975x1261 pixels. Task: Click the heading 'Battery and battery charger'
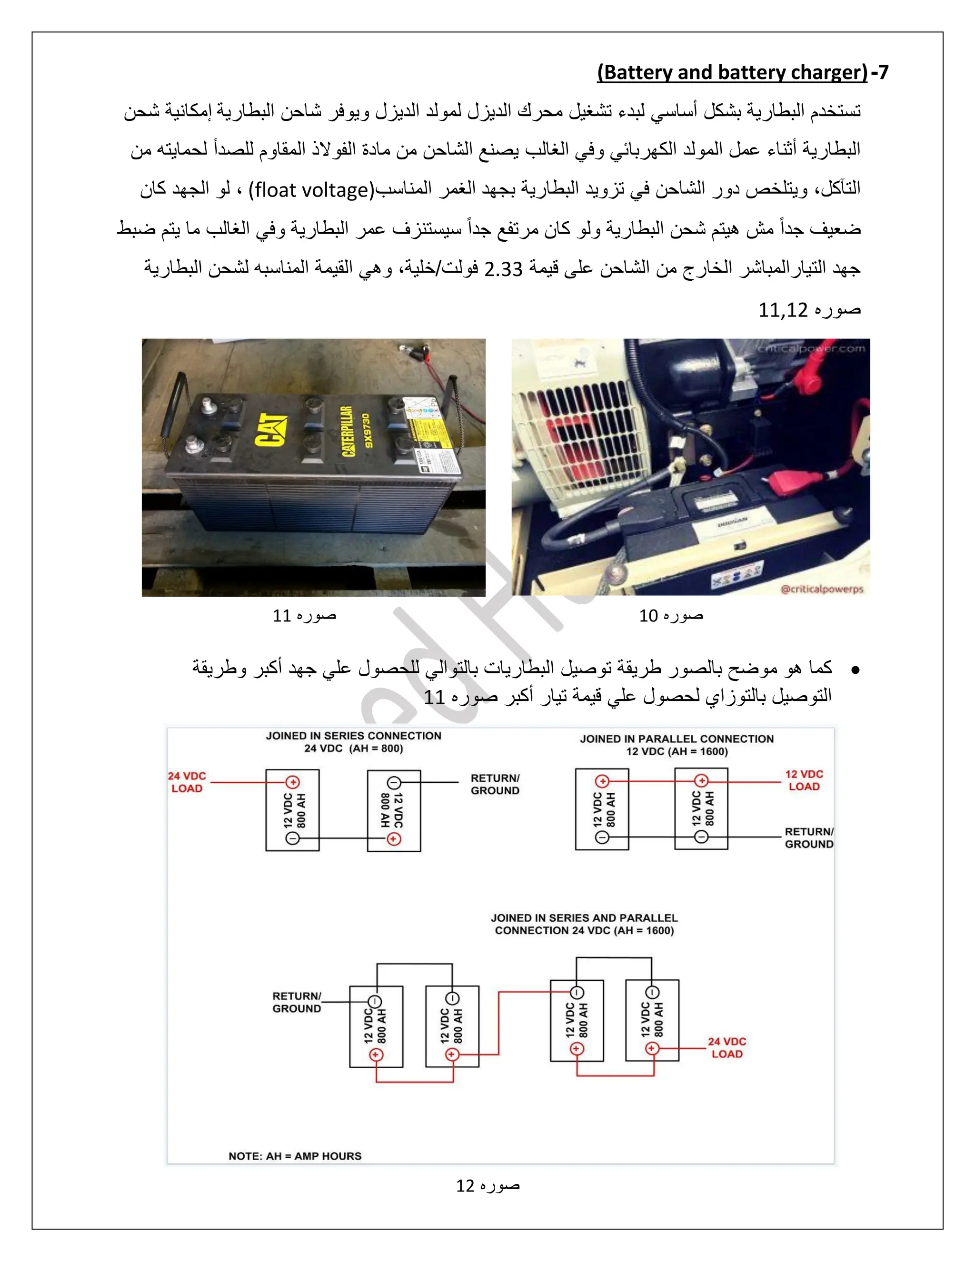point(732,73)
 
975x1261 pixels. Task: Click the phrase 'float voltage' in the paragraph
point(312,190)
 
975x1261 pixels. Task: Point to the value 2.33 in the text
point(503,269)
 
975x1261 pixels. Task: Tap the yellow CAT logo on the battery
point(271,430)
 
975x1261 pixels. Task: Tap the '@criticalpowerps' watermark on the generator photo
point(821,589)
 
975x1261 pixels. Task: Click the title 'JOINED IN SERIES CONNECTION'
point(354,736)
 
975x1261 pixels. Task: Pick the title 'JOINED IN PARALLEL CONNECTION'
point(677,739)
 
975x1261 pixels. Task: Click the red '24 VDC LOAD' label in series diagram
point(187,782)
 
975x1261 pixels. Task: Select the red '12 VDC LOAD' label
point(804,780)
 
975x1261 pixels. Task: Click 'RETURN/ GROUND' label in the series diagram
point(495,784)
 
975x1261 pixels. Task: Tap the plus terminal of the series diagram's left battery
point(293,782)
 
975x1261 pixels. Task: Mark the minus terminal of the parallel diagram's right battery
point(701,837)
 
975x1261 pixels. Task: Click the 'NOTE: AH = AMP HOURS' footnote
point(295,1156)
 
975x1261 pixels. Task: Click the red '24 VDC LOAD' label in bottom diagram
point(726,1047)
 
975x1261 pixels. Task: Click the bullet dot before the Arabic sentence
point(856,670)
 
